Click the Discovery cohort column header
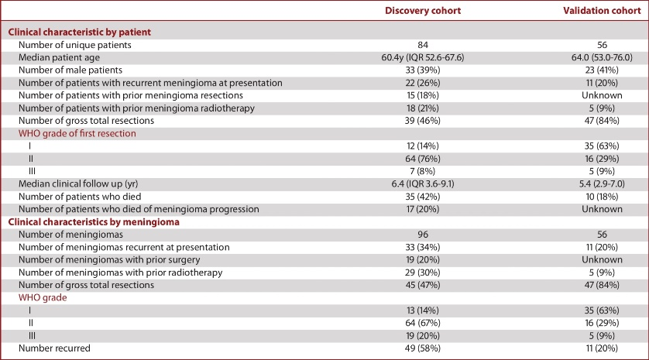tap(423, 11)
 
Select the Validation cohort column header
tap(602, 11)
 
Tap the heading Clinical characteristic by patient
tap(80, 33)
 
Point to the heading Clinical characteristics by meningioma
tap(94, 222)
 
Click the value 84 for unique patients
tap(423, 45)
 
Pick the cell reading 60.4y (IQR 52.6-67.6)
tap(423, 57)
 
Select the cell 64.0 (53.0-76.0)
tap(602, 57)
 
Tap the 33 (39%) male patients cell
tap(423, 70)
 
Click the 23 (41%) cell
tap(602, 70)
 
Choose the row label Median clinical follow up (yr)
tap(78, 184)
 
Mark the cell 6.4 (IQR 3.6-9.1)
tap(423, 184)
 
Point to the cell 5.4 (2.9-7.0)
tap(602, 184)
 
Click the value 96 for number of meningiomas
tap(423, 235)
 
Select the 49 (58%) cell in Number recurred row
tap(423, 348)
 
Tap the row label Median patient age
tap(59, 58)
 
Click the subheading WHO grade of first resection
tap(77, 134)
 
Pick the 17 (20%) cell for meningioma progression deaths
tap(423, 209)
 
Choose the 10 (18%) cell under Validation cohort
tap(602, 197)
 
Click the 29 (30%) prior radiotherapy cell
tap(423, 273)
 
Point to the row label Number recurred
tap(54, 348)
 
